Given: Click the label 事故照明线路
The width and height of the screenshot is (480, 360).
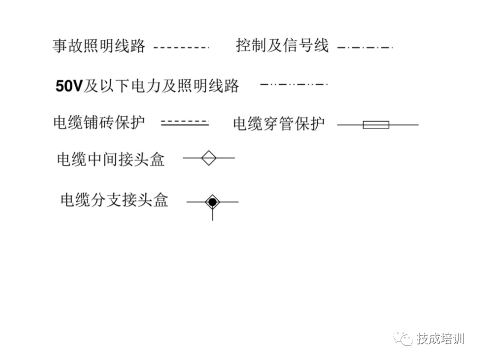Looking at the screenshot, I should point(98,46).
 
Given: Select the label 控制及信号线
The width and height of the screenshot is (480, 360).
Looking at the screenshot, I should point(282,46).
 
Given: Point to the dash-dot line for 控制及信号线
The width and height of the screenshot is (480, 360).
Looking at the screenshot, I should point(365,47).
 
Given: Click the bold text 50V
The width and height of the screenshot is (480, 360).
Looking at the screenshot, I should point(68,86).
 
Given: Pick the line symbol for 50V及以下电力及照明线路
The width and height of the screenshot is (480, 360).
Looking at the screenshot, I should point(294,84).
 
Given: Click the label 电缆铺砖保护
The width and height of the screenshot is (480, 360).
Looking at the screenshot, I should point(99,122).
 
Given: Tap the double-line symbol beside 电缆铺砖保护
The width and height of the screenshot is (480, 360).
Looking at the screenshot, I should point(184,122).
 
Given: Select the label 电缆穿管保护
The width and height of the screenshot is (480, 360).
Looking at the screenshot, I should point(278,123).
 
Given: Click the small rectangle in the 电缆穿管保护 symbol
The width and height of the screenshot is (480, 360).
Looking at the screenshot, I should point(375,124).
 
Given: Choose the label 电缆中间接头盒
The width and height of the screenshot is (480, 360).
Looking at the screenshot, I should point(110,159).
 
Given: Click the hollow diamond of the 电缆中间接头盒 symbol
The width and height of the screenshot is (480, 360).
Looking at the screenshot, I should point(208,158).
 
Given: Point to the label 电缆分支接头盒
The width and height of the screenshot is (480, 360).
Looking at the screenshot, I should point(114,200).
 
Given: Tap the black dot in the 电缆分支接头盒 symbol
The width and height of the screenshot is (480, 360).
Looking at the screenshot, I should point(212,202).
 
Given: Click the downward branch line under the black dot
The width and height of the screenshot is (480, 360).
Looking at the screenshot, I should point(212,215).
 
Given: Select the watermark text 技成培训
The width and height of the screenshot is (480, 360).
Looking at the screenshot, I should point(440,338).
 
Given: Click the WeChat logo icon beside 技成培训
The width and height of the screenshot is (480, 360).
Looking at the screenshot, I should point(402,338).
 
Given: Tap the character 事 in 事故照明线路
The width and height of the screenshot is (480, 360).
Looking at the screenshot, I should point(60,46).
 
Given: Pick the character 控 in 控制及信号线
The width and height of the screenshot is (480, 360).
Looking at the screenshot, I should point(244,46).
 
